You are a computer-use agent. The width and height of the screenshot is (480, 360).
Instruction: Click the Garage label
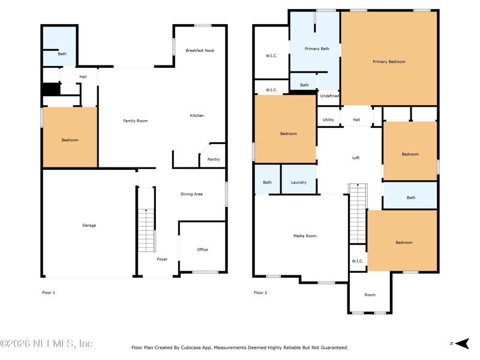pos(89,226)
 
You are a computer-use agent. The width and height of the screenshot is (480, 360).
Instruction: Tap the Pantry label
pos(214,159)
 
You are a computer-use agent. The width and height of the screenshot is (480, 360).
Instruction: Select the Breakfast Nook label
pos(200,50)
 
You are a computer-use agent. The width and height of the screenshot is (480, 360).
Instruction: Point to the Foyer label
pos(162,259)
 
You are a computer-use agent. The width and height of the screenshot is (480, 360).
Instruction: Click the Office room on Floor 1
pos(202,247)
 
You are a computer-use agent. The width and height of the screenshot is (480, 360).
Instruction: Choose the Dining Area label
pos(191,194)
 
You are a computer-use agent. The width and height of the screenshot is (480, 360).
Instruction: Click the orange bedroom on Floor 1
pos(70,137)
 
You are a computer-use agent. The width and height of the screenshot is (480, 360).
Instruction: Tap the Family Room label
pos(136,121)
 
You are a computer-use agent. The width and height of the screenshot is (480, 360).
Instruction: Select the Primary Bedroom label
pos(389,62)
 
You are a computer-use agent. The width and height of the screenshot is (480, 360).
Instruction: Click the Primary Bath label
pos(317,49)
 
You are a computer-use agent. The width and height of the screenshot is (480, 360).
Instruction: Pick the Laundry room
pos(299,179)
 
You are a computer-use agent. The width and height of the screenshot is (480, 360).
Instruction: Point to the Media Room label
pos(305,236)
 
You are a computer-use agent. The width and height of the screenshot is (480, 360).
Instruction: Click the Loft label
pos(356,158)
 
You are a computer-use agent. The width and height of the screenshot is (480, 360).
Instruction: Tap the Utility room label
pos(328,119)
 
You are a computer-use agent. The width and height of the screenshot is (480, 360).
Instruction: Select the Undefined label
pos(329,96)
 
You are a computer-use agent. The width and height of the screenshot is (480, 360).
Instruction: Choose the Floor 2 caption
pos(260,293)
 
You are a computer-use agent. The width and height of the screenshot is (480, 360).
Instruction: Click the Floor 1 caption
pos(49,293)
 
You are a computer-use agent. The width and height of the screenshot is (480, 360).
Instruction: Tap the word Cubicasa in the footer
pos(192,348)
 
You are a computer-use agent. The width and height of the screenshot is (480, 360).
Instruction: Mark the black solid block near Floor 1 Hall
pos(51,89)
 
